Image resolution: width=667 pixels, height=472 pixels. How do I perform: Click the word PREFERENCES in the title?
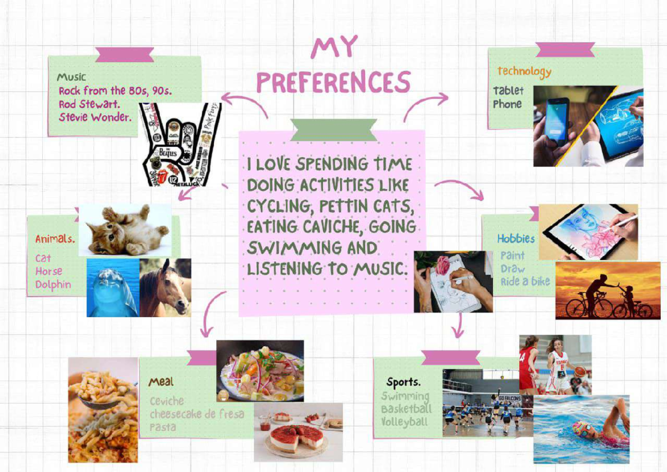[x=333, y=82]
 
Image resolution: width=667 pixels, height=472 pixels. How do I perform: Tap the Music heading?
[x=72, y=77]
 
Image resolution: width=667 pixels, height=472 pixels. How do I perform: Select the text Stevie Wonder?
[x=95, y=117]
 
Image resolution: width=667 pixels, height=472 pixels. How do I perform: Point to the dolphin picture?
[x=112, y=288]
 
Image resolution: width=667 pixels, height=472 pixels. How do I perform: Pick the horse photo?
[x=166, y=287]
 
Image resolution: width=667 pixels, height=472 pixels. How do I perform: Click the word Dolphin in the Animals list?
[x=53, y=284]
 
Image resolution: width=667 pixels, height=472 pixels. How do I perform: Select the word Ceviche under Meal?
[x=166, y=401]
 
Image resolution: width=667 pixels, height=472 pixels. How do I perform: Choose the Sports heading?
[x=404, y=382]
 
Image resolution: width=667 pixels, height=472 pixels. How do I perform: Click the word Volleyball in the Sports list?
[x=405, y=422]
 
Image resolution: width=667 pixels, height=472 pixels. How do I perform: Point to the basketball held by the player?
[x=580, y=372]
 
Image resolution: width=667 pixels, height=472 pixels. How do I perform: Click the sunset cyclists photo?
[x=608, y=290]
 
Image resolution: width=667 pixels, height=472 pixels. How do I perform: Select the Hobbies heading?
[x=516, y=239]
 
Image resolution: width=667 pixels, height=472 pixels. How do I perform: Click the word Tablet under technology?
[x=508, y=90]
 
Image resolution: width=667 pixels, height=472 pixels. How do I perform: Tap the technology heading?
[x=524, y=71]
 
